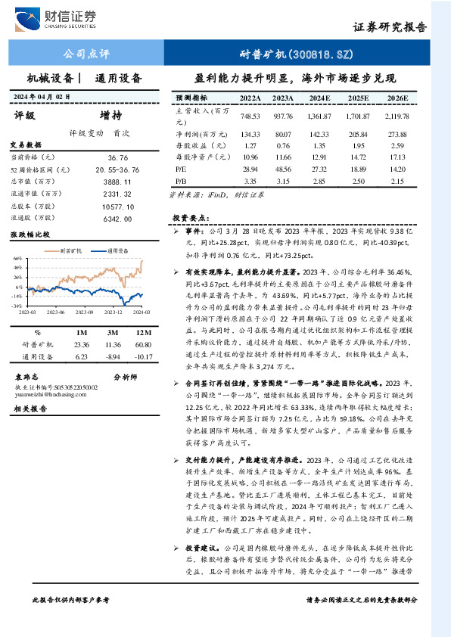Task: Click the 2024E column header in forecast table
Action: pos(319,98)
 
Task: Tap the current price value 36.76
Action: pos(118,157)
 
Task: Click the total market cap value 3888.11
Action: pos(118,182)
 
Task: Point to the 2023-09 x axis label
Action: pos(83,312)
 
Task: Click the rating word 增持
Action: pos(110,116)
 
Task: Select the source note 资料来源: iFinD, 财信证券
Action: pos(228,195)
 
